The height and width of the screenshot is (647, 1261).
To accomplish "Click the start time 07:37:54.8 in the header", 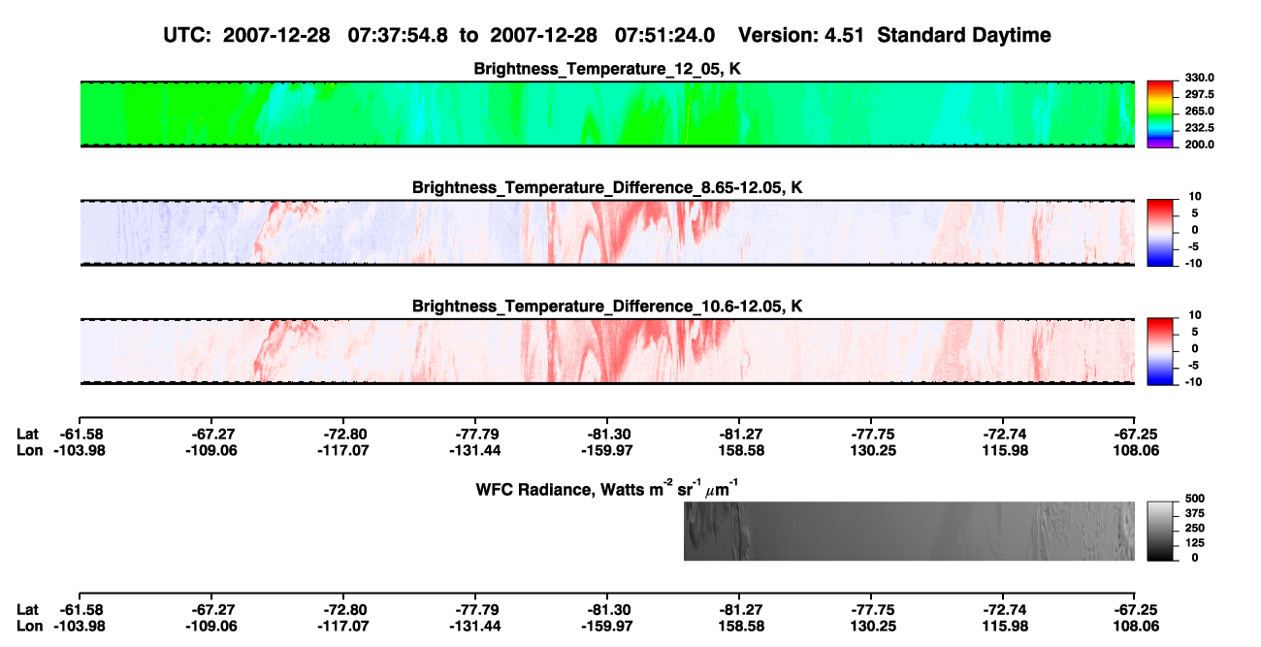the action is pyautogui.click(x=398, y=36).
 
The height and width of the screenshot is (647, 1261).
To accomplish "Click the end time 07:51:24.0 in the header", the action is pyautogui.click(x=664, y=36).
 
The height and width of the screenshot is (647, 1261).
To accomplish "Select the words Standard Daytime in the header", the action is pyautogui.click(x=964, y=36).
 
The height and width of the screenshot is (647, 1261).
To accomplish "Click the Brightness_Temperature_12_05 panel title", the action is pyautogui.click(x=607, y=69).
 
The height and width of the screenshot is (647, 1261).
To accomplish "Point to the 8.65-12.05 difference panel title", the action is pyautogui.click(x=607, y=187).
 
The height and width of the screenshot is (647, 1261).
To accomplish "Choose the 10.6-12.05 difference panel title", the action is pyautogui.click(x=607, y=307).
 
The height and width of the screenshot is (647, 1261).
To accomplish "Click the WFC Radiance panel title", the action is pyautogui.click(x=607, y=489).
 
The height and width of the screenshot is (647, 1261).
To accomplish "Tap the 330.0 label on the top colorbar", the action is pyautogui.click(x=1199, y=78).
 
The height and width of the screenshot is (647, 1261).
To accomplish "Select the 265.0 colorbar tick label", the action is pyautogui.click(x=1199, y=111).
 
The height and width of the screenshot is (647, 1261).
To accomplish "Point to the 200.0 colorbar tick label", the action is pyautogui.click(x=1199, y=145).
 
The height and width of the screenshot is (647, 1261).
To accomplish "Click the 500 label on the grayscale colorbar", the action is pyautogui.click(x=1195, y=499).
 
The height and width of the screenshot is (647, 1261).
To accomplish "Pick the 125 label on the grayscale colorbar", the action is pyautogui.click(x=1195, y=543).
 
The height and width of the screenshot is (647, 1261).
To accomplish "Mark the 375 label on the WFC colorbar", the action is pyautogui.click(x=1195, y=513).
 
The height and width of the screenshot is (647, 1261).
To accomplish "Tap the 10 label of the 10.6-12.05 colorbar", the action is pyautogui.click(x=1195, y=315).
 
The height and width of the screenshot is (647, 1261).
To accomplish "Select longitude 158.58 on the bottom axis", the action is pyautogui.click(x=741, y=627).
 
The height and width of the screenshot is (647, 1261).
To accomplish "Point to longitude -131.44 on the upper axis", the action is pyautogui.click(x=475, y=450).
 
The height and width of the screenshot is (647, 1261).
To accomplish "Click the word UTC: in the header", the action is pyautogui.click(x=187, y=36).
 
